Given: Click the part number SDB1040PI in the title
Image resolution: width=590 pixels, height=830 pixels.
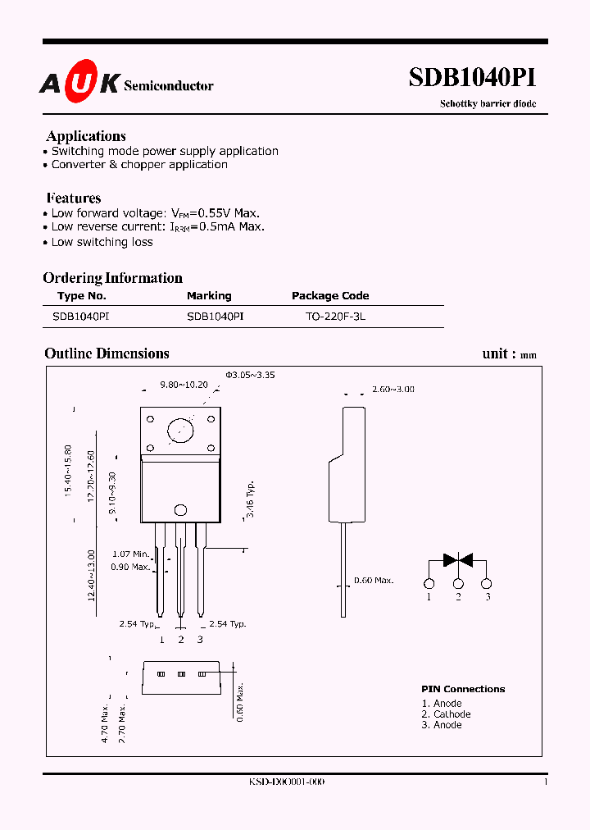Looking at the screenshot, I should pos(473,78).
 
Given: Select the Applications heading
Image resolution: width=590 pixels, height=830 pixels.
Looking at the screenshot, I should pos(86,136).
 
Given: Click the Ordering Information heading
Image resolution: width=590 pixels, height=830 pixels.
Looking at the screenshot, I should pos(112,278).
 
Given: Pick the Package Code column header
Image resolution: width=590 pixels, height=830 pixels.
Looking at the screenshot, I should pos(330,296).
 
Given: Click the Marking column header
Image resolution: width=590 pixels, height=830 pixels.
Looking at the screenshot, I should pos(209,296).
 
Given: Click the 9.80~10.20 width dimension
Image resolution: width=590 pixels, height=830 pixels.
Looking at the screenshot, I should pos(184,384).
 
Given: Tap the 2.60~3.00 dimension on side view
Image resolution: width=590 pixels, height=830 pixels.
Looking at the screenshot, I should pos(393,389).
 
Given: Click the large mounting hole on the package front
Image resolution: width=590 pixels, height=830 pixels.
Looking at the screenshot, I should pos(180,430).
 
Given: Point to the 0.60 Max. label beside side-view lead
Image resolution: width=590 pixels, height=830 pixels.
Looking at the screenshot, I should pos(373,581).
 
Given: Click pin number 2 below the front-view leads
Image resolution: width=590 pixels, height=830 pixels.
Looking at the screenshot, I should pos(181,639).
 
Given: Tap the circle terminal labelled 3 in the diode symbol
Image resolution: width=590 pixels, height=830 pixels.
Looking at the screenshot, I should pos(487,584).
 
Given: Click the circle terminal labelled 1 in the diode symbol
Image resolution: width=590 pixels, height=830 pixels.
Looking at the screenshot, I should pos(429,584).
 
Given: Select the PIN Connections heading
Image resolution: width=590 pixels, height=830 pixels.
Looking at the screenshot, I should pos(463,689).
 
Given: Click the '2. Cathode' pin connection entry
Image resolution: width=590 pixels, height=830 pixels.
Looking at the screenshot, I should pos(446,714).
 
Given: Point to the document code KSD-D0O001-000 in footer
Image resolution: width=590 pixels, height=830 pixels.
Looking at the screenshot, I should pos(287,782).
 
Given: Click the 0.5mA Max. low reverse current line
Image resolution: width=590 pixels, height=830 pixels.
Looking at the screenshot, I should pos(157,227).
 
